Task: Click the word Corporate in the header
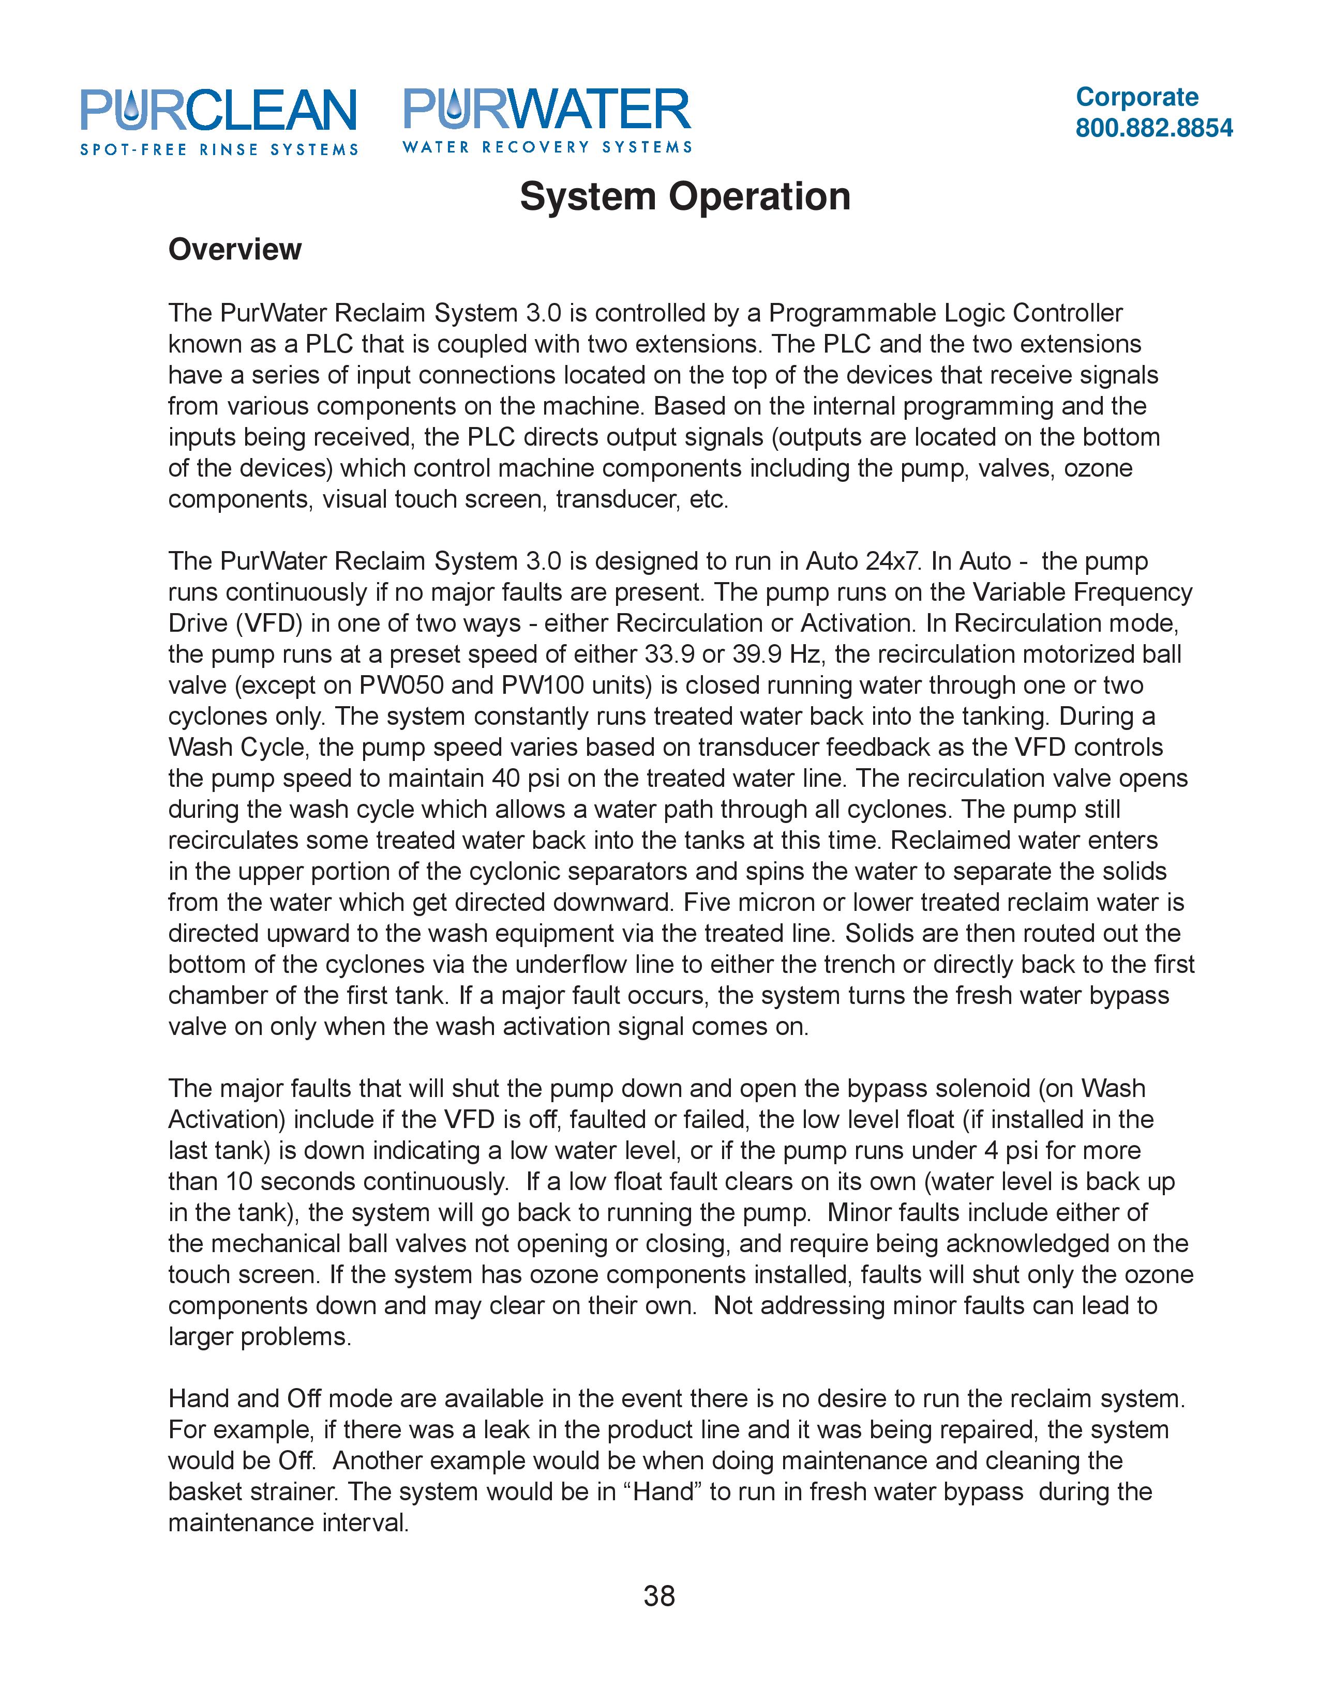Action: tap(1136, 97)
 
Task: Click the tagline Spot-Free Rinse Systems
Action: tap(219, 149)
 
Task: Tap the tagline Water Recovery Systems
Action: tap(547, 147)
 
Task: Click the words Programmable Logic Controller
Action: tap(946, 313)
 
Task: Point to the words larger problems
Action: tap(260, 1336)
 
